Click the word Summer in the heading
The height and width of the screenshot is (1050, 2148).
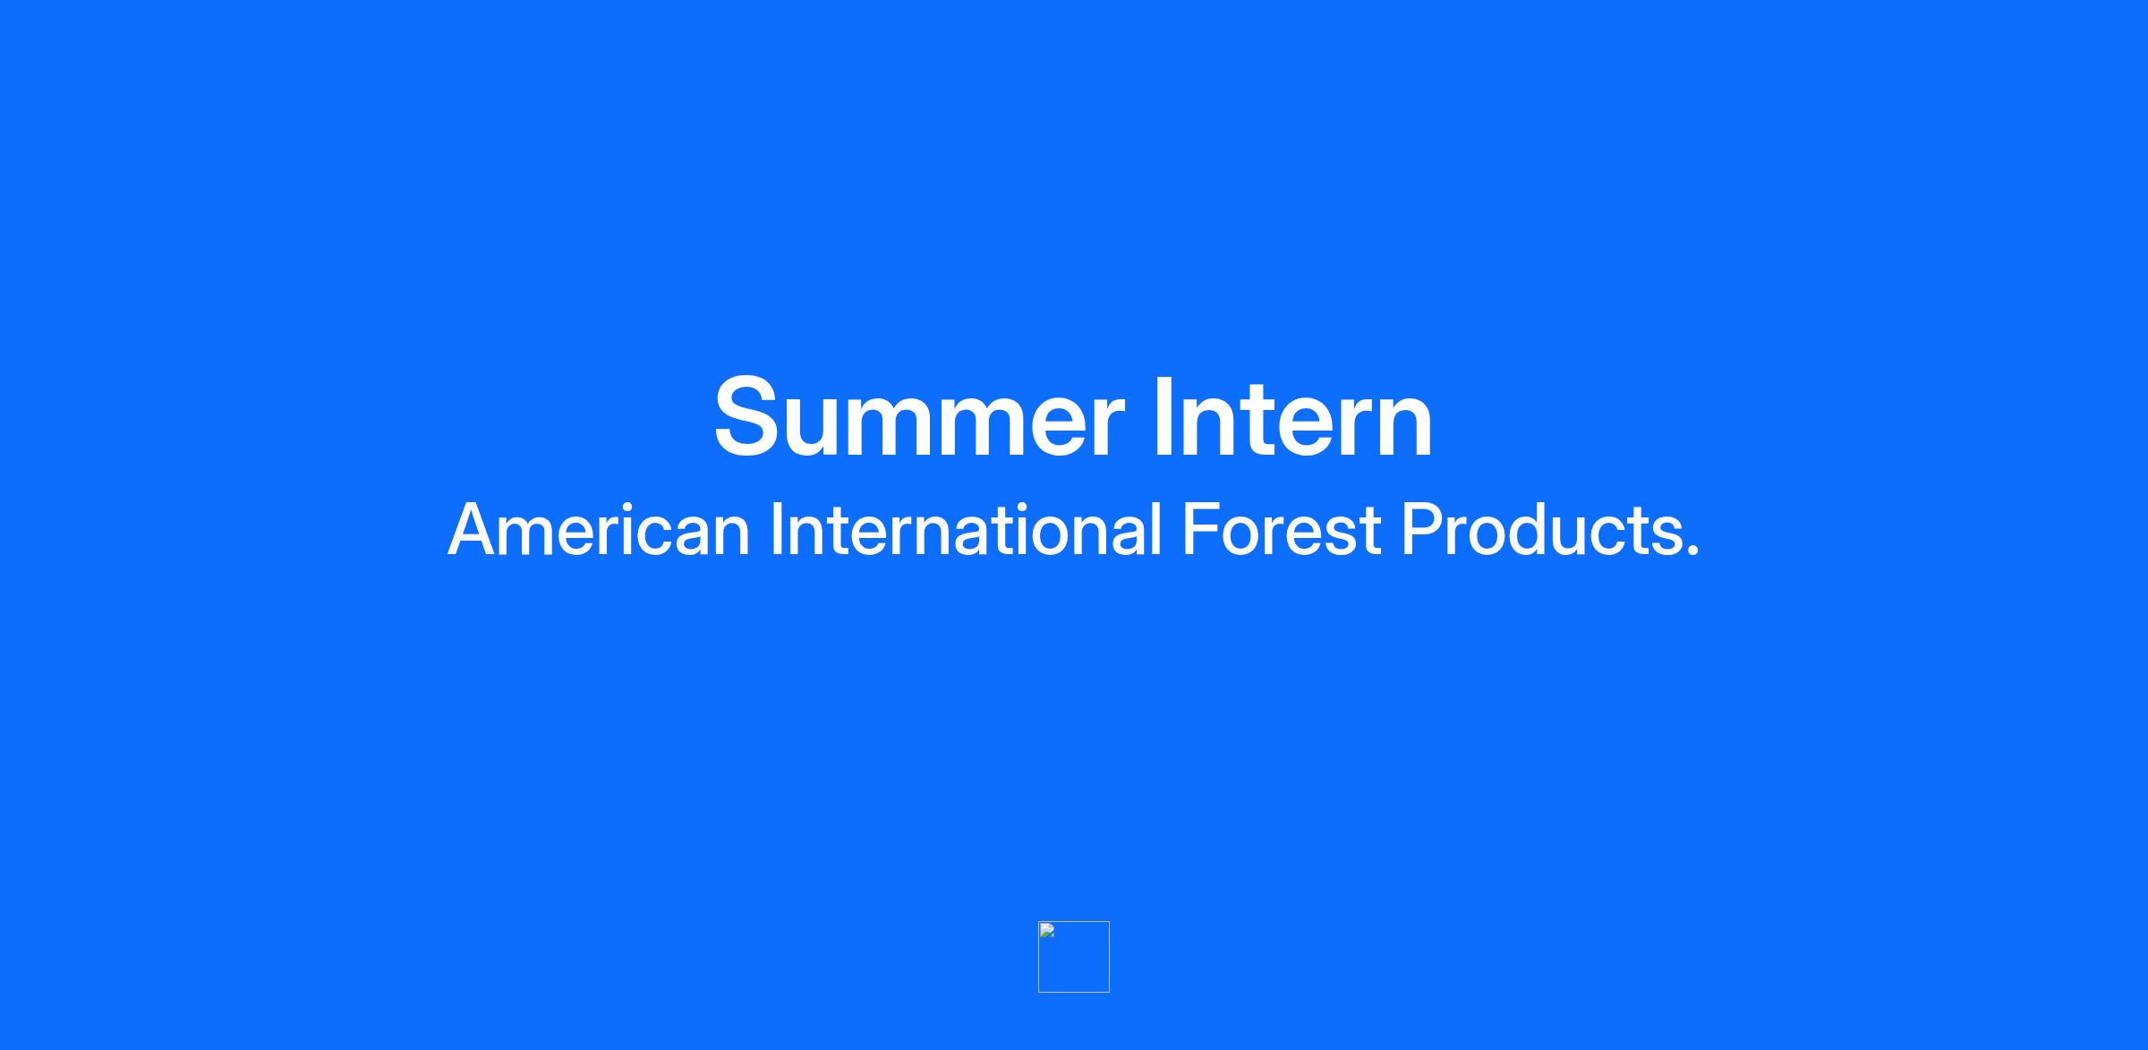click(x=918, y=417)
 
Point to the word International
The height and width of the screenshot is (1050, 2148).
click(x=967, y=529)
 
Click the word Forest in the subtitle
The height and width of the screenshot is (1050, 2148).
click(x=1282, y=529)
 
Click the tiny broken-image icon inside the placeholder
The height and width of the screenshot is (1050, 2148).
click(x=1047, y=930)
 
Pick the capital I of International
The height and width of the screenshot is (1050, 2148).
click(x=777, y=529)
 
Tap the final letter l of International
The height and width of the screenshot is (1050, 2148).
click(x=1156, y=529)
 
